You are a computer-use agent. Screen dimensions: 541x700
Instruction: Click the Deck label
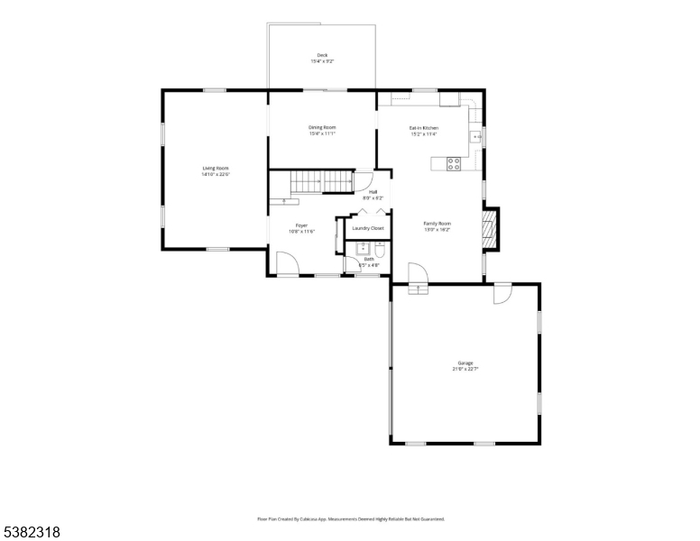tap(322, 55)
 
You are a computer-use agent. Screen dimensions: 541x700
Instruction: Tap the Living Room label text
tap(216, 168)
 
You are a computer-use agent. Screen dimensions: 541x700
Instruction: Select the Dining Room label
tap(322, 128)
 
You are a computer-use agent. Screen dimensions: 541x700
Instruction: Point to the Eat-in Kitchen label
tap(423, 128)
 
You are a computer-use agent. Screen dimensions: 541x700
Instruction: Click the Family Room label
tap(437, 224)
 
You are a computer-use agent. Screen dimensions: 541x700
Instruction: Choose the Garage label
tap(465, 363)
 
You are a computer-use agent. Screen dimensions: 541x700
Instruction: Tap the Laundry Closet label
tap(368, 228)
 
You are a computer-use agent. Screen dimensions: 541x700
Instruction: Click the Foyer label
tap(301, 225)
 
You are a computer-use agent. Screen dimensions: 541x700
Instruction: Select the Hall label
tap(373, 191)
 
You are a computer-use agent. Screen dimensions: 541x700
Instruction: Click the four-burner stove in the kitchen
tap(455, 163)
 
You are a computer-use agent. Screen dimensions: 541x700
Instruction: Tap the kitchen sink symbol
tap(476, 136)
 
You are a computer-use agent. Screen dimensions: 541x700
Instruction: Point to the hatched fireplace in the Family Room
tap(490, 230)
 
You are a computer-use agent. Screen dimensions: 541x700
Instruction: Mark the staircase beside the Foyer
tap(321, 183)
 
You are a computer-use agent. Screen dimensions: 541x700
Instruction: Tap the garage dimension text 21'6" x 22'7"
tap(465, 369)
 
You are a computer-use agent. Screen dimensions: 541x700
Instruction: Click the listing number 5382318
tap(32, 532)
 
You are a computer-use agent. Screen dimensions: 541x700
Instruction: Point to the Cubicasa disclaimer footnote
tap(351, 518)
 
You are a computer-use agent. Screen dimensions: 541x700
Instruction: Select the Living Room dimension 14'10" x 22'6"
tap(216, 173)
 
